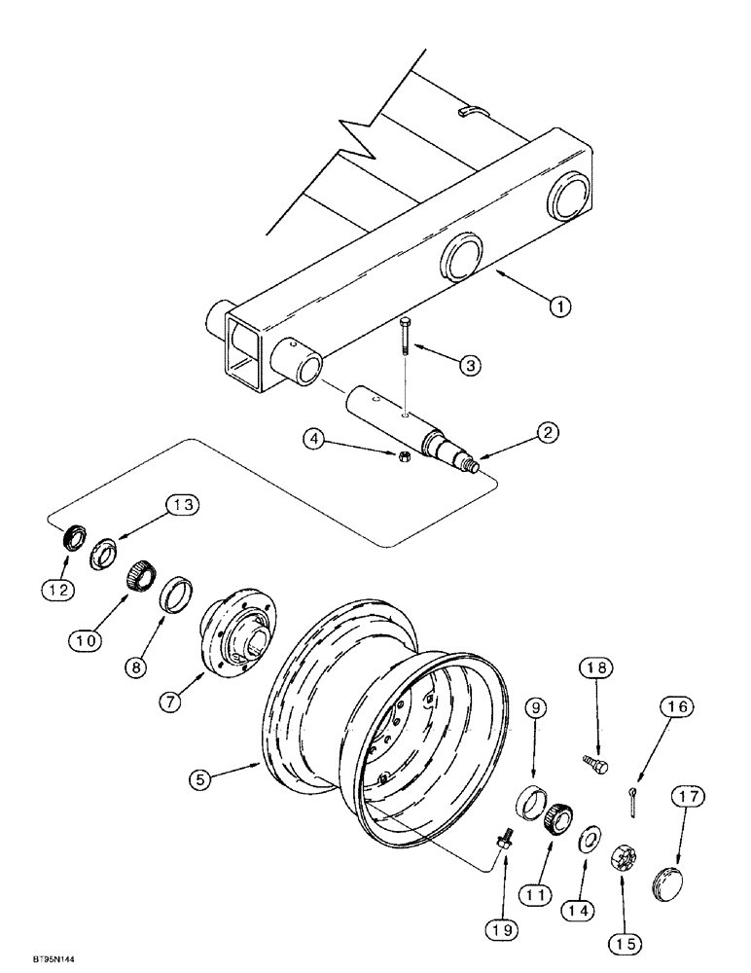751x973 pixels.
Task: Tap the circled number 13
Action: [182, 504]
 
